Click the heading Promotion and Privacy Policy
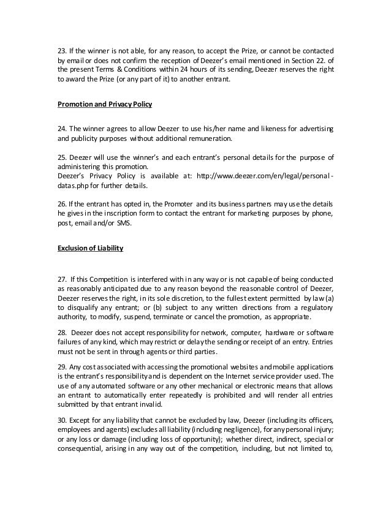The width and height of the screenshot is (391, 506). pyautogui.click(x=104, y=105)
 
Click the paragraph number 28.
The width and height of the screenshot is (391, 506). pyautogui.click(x=62, y=332)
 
